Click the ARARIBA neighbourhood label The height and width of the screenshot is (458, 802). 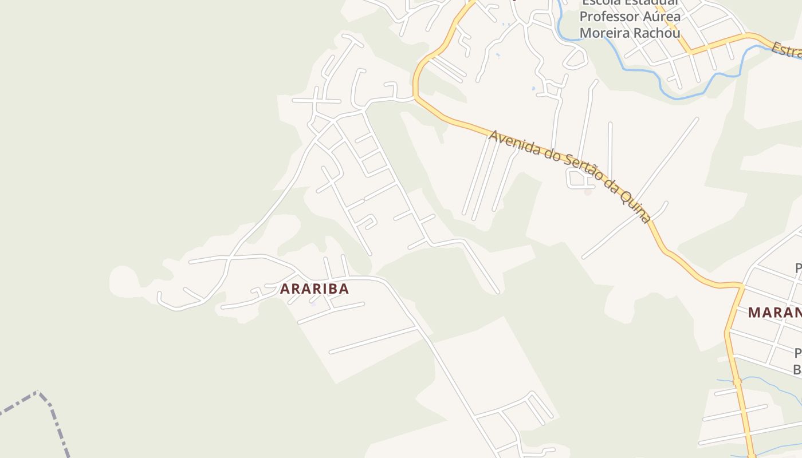314,289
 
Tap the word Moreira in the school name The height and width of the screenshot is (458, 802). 604,33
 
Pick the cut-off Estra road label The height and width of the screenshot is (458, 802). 786,50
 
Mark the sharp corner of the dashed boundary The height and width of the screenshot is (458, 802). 38,392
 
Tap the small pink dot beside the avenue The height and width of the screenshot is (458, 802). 588,192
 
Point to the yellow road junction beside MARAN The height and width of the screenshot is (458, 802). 741,285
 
